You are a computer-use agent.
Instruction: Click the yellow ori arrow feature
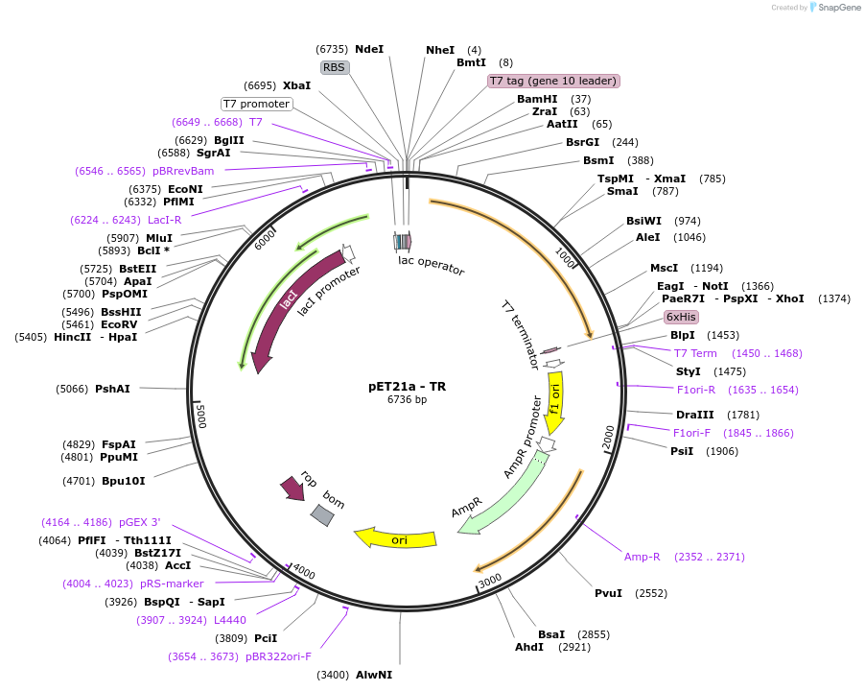pos(395,538)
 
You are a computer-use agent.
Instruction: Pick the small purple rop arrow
pos(291,488)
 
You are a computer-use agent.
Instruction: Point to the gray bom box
pos(322,515)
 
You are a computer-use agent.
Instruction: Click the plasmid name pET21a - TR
pos(407,387)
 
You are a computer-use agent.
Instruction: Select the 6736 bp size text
pos(407,400)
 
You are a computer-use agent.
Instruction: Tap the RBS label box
pos(334,67)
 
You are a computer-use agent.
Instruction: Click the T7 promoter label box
pos(256,104)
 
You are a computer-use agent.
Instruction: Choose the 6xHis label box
pos(681,317)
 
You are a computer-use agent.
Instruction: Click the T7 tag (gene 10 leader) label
pos(553,82)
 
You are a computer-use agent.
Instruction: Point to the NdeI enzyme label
pos(369,49)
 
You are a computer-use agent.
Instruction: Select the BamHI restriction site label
pos(537,99)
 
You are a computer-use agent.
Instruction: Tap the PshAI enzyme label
pos(112,389)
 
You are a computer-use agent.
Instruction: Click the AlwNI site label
pos(374,675)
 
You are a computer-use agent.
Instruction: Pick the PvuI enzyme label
pos(609,593)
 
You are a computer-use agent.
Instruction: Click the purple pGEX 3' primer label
pos(140,522)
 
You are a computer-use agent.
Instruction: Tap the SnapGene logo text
pos(838,8)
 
